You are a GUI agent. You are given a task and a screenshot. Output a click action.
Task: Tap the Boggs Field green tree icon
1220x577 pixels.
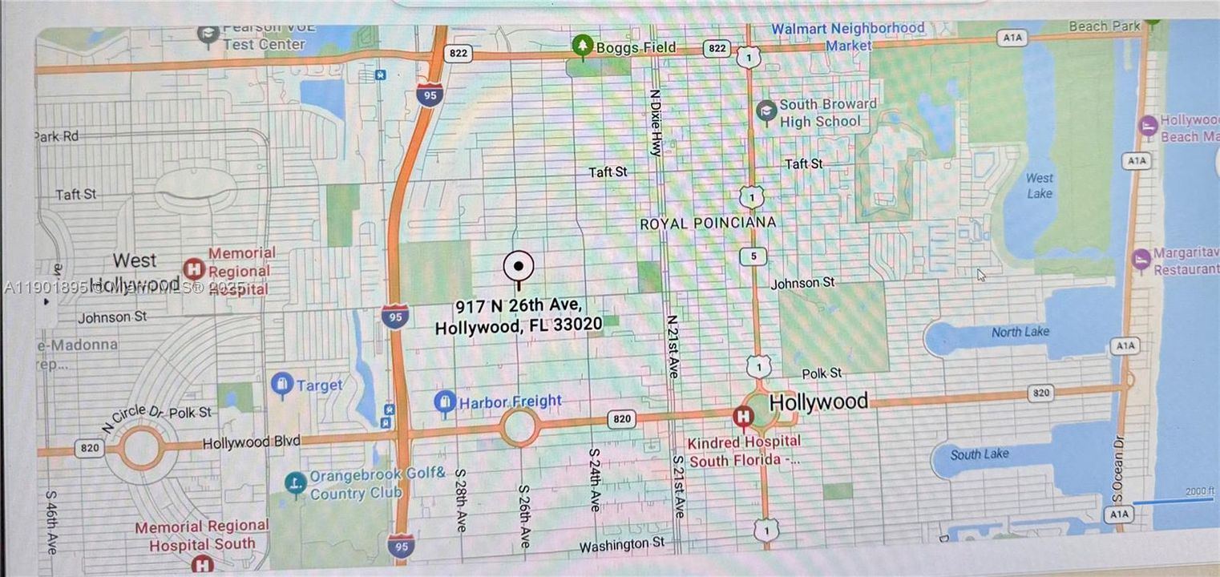pos(582,46)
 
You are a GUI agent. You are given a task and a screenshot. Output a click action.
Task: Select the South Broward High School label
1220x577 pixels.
pos(828,113)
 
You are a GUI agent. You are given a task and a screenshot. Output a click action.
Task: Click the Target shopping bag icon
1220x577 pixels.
pos(281,385)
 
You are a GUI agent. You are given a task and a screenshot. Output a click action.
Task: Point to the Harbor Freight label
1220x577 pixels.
pos(510,401)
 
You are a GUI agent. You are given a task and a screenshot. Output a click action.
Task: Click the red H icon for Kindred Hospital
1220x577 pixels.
pos(743,416)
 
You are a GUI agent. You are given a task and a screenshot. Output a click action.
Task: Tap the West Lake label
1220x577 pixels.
pos(1040,185)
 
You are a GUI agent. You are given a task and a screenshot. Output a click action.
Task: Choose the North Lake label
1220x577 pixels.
pos(1020,332)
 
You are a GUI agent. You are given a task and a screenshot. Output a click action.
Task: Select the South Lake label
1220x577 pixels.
pos(980,454)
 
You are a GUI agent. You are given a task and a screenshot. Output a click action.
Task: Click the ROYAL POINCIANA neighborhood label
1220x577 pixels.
pos(708,224)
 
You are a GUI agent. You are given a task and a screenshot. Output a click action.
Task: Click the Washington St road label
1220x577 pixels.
pos(623,545)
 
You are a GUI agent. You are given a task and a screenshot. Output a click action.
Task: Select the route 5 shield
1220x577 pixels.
pos(753,257)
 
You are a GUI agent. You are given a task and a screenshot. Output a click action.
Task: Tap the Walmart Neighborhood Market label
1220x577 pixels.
pos(848,37)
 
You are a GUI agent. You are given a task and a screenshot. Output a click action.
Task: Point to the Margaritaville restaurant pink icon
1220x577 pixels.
pos(1141,259)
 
